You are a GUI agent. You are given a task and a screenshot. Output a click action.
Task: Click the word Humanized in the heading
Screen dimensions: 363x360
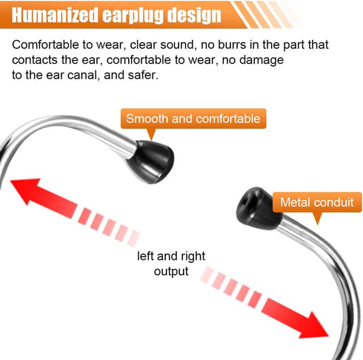coord(55,16)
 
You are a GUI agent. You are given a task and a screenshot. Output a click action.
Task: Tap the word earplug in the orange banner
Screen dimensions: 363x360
coord(132,16)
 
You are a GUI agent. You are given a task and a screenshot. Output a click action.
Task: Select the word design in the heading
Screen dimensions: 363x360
coord(193,16)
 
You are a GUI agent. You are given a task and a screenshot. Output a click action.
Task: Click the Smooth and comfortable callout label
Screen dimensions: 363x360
coord(193,119)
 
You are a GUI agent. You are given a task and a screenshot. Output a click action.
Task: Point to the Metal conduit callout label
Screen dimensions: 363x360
coord(317,202)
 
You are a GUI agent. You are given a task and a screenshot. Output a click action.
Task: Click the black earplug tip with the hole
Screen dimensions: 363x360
coord(258,208)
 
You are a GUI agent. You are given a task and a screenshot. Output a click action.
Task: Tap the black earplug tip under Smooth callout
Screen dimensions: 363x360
coord(151,161)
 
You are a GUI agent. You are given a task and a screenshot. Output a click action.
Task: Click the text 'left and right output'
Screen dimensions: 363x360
coord(171,264)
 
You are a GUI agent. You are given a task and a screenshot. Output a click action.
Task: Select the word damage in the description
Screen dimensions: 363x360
coord(262,61)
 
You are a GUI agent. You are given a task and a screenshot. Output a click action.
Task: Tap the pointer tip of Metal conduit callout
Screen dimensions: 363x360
coord(318,224)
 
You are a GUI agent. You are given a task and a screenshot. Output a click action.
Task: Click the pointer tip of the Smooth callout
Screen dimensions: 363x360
coord(151,141)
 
